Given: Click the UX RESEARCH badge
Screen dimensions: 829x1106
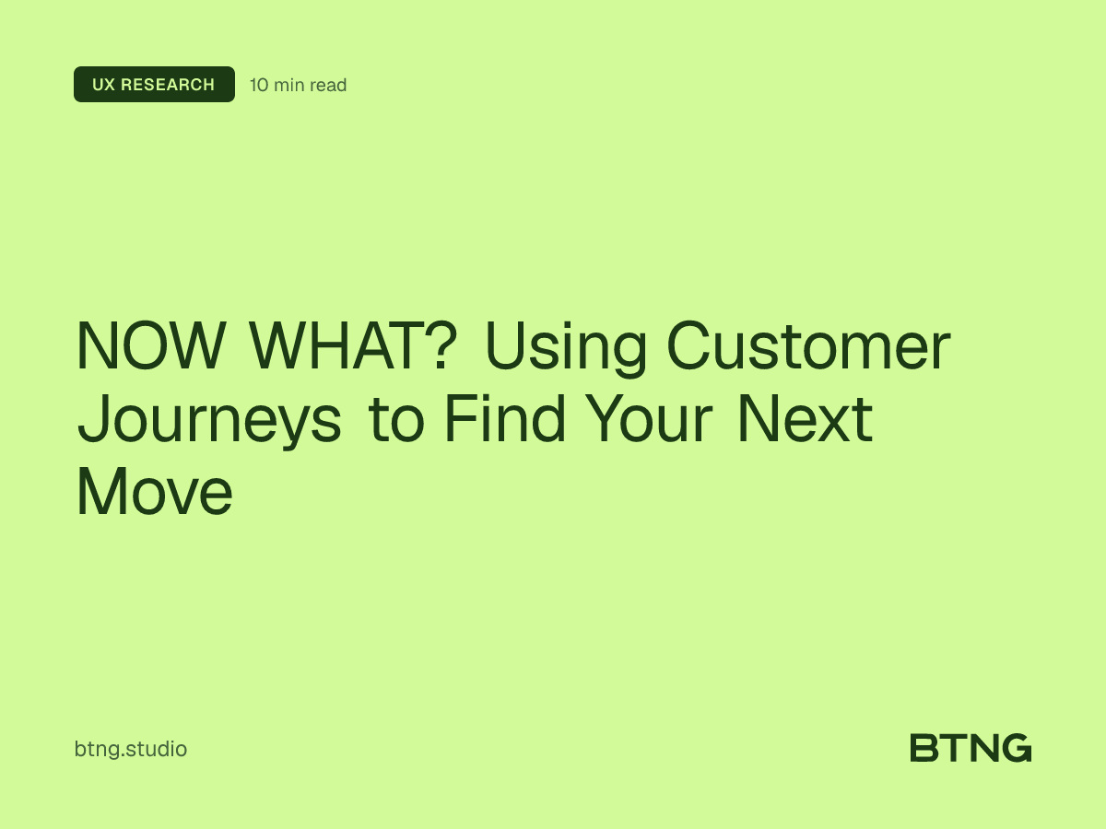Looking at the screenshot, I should click(154, 85).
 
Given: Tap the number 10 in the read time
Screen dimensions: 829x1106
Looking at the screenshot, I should click(259, 86).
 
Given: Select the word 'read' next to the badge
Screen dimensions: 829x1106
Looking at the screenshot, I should click(328, 86).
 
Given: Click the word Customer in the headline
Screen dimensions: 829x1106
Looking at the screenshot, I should click(807, 347).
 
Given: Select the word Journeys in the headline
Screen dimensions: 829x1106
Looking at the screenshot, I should click(209, 422).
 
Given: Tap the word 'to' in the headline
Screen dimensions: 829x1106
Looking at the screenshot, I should click(397, 420).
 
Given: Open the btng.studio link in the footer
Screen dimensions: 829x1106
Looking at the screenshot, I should click(130, 749).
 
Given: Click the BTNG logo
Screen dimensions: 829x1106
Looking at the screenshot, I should click(971, 748).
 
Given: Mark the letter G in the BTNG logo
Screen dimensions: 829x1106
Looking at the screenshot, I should click(1015, 748).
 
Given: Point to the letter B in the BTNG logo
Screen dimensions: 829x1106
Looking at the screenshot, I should click(924, 748).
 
